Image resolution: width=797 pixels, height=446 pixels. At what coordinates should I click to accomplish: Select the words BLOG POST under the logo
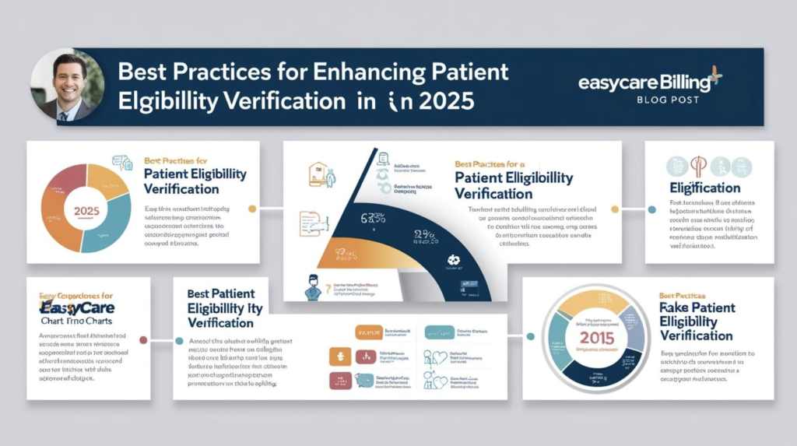pyautogui.click(x=667, y=100)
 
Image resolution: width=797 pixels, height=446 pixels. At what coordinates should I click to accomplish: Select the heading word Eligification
pyautogui.click(x=704, y=188)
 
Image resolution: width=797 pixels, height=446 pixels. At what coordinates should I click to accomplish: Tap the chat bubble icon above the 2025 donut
pyautogui.click(x=121, y=163)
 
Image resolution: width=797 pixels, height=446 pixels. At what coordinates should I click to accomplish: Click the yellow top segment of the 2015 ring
pyautogui.click(x=595, y=300)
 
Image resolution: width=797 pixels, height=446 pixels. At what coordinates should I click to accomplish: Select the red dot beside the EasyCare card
pyautogui.click(x=143, y=339)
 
